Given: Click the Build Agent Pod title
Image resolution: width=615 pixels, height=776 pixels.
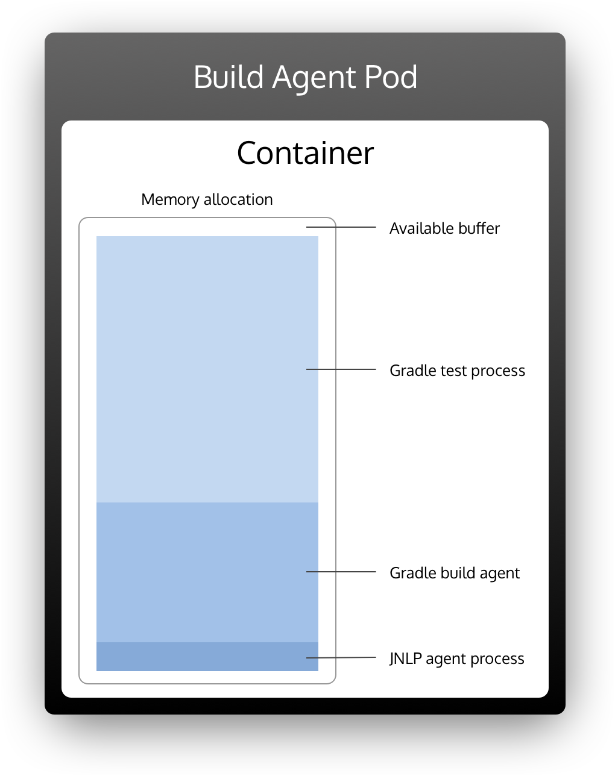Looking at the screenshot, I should point(305,77).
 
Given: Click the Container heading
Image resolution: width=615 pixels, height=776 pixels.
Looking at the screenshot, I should point(305,153).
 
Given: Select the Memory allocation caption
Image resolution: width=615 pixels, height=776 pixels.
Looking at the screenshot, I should point(207,199).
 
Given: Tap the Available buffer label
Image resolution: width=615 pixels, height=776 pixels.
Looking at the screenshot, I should point(444,228).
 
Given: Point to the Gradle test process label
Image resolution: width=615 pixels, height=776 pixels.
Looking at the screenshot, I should point(457,371).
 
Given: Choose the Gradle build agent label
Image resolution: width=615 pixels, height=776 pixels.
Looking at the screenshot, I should point(454,573).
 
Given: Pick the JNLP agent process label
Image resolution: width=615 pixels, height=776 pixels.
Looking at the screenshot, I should point(456,659).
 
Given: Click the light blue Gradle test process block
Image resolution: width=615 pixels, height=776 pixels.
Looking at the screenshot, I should point(207,369).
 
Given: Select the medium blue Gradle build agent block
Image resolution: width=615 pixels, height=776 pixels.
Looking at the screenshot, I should point(207,572).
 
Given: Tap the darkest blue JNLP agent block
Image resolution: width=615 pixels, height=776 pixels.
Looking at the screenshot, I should point(207,657).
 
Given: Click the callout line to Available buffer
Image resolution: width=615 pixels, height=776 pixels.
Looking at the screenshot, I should point(341,227).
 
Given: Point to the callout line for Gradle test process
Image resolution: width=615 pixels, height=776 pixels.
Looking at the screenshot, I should point(341,369).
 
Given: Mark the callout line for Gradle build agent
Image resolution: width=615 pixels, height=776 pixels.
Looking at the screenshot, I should point(341,572).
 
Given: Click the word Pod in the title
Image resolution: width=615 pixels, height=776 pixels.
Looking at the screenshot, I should point(391,77).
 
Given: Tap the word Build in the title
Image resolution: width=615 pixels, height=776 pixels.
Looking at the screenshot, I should point(229,77).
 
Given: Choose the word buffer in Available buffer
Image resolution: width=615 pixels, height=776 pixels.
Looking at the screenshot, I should point(478,228).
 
